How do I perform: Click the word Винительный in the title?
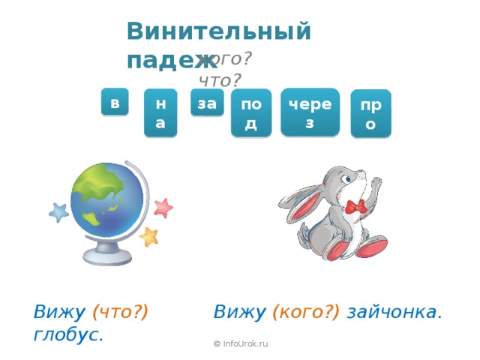pyautogui.click(x=218, y=31)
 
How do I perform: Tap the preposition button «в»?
pyautogui.click(x=115, y=103)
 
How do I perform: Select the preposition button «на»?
pyautogui.click(x=160, y=113)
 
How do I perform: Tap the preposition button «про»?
pyautogui.click(x=370, y=114)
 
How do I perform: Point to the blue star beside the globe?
pyautogui.click(x=58, y=213)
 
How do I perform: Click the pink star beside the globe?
pyautogui.click(x=163, y=207)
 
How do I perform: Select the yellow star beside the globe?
pyautogui.click(x=149, y=237)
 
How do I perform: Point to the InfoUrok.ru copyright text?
pyautogui.click(x=241, y=343)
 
